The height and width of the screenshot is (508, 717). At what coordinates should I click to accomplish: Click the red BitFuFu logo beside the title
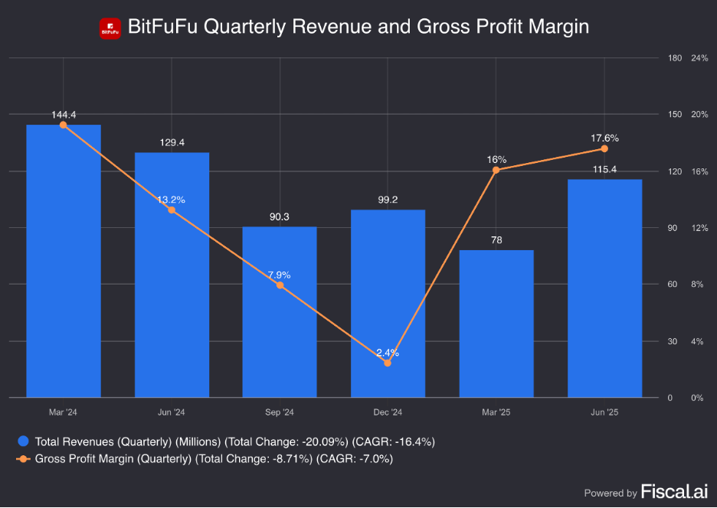[110, 28]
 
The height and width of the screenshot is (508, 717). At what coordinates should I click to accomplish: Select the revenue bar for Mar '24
[64, 260]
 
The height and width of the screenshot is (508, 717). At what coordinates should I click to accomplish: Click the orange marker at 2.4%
[388, 363]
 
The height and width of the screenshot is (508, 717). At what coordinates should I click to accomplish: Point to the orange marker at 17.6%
[604, 148]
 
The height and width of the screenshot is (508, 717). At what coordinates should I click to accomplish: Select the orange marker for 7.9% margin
[280, 285]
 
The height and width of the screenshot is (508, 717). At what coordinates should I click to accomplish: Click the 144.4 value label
[64, 115]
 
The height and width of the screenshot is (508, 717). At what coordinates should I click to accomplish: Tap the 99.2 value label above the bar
[388, 199]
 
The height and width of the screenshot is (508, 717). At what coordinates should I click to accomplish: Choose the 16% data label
[496, 160]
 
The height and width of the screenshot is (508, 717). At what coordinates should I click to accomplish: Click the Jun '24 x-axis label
[172, 412]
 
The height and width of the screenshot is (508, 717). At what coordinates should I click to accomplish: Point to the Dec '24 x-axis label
[388, 412]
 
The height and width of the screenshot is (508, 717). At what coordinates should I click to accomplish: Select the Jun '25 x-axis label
[604, 412]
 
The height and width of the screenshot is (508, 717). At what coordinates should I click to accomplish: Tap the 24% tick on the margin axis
[699, 58]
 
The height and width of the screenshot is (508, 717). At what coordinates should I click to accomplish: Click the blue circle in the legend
[24, 441]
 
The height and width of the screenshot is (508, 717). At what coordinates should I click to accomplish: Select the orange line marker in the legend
[24, 459]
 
